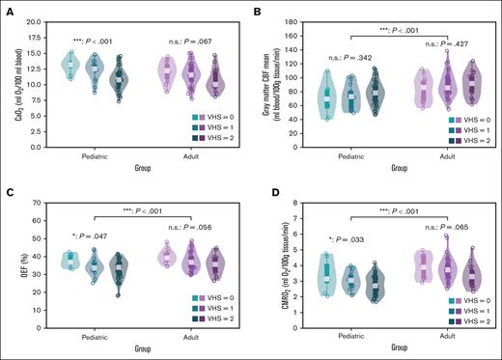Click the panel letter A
pyautogui.click(x=6, y=6)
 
